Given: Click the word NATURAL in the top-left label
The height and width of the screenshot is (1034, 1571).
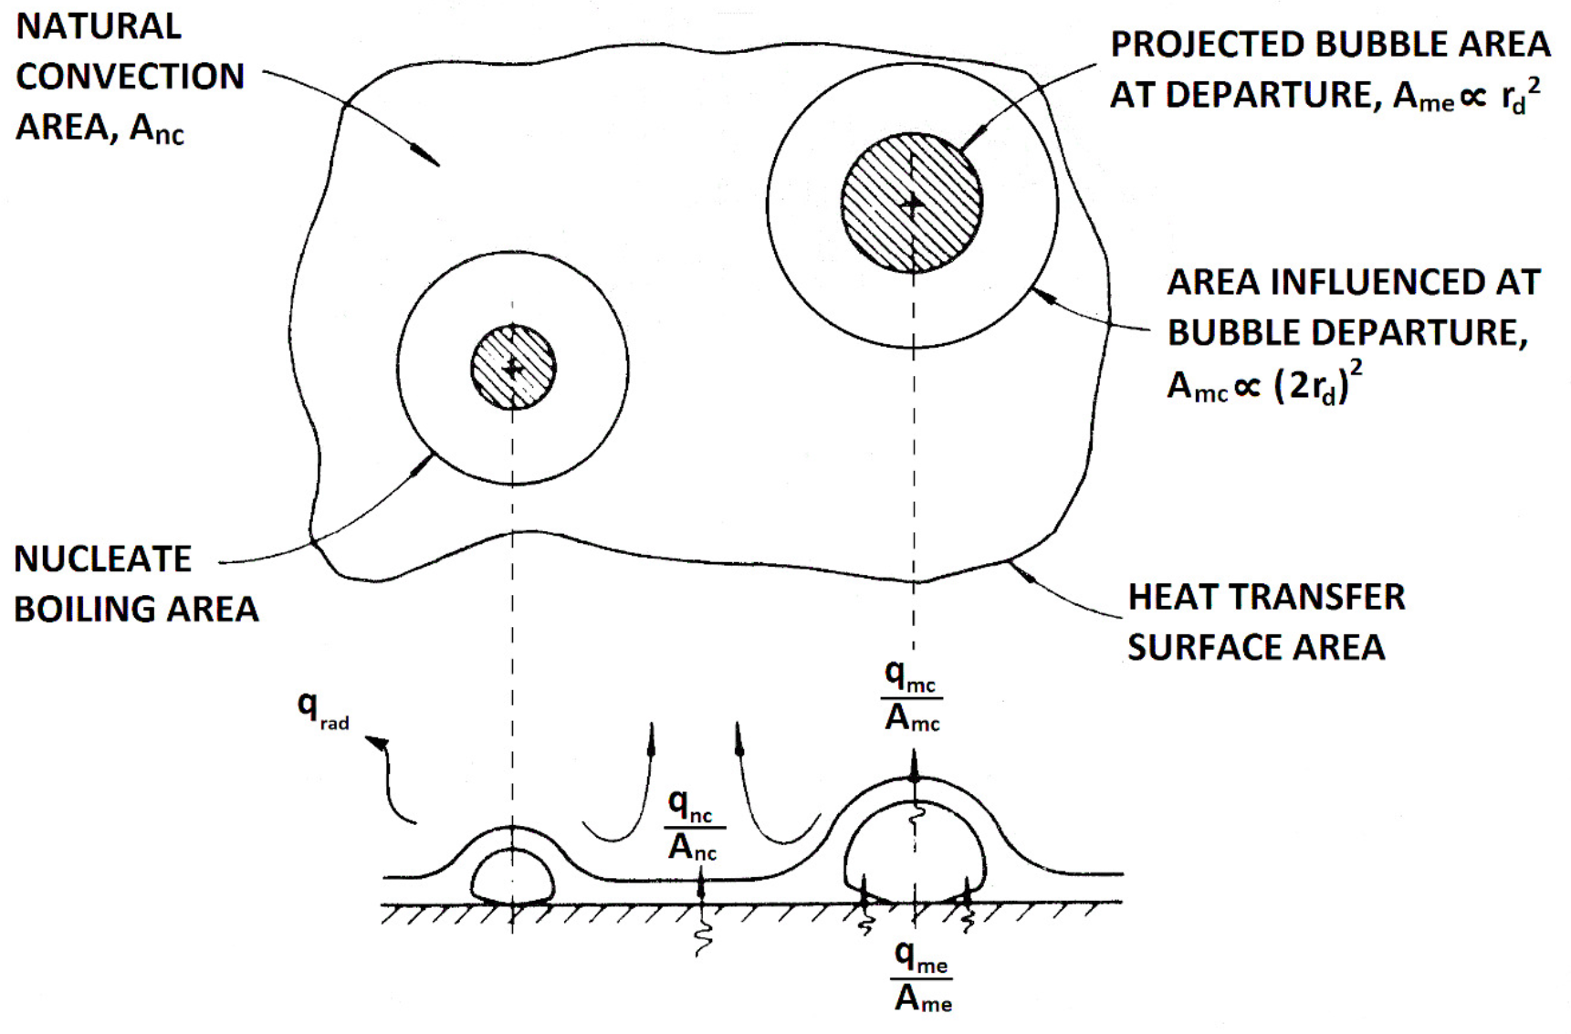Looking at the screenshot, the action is point(99,26).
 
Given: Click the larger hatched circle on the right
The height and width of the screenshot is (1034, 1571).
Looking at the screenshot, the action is point(912,203).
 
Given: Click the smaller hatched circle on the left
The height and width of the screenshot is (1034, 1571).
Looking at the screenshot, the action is point(513,368).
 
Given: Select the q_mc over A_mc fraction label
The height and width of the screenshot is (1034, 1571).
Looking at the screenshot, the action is point(911,697).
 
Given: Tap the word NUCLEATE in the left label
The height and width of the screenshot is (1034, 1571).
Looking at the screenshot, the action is point(103,559).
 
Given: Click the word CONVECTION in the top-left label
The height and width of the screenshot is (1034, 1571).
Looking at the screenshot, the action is point(131,77).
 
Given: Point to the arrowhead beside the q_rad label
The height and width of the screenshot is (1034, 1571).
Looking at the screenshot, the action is point(376,743).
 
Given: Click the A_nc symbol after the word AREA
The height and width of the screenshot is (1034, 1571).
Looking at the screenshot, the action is point(156,129).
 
